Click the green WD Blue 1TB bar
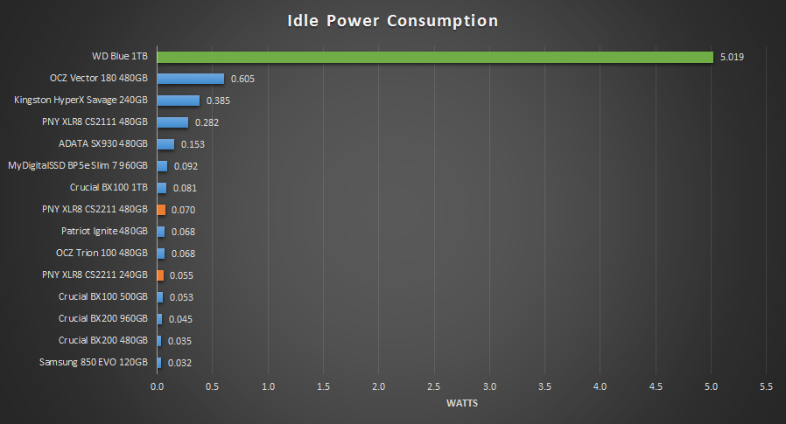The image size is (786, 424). [x=435, y=57]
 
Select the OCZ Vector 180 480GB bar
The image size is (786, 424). [x=190, y=79]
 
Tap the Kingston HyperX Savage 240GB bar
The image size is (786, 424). [x=178, y=101]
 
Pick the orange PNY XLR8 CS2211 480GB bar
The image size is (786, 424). [x=161, y=210]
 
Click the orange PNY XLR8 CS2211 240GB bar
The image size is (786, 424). [x=160, y=275]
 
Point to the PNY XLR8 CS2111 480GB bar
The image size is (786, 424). [x=172, y=122]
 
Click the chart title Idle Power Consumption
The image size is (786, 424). [x=393, y=21]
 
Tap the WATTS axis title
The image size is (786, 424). [x=461, y=403]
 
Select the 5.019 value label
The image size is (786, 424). [x=733, y=57]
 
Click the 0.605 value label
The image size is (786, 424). [x=242, y=79]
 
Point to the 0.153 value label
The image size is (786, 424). [x=193, y=144]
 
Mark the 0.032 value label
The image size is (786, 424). [x=179, y=363]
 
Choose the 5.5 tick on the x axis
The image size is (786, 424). [x=767, y=386]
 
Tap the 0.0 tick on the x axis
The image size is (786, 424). [x=158, y=386]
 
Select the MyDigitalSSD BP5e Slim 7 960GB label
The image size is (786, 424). [x=78, y=166]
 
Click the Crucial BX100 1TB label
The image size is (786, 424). [x=109, y=188]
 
